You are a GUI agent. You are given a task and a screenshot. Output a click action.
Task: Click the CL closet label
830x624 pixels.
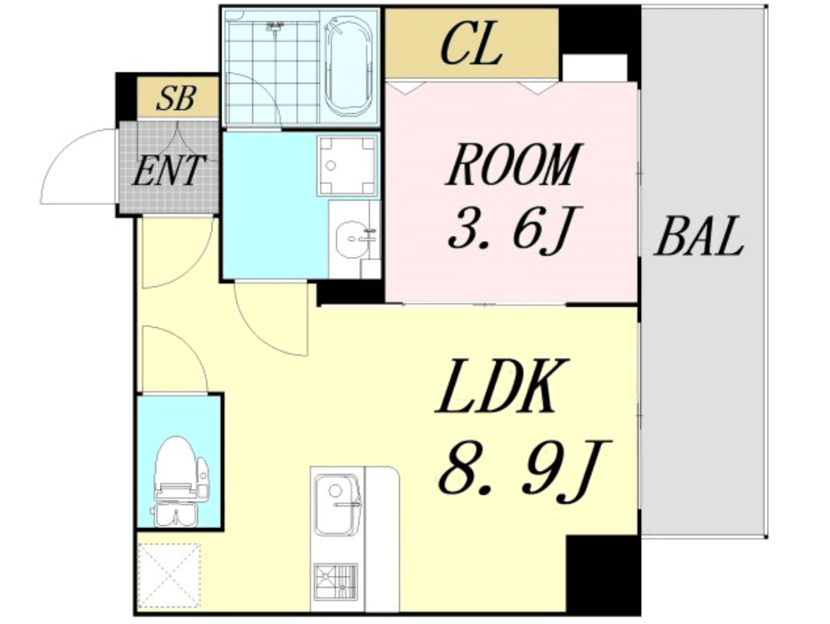(x=471, y=45)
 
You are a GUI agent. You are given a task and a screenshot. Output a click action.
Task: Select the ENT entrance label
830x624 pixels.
(x=168, y=170)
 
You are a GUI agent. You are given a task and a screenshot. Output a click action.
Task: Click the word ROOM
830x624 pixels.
(x=514, y=164)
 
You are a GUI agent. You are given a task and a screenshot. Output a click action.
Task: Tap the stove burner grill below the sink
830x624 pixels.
(x=335, y=582)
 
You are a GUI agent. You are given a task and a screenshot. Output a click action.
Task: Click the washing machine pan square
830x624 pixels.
(x=348, y=165)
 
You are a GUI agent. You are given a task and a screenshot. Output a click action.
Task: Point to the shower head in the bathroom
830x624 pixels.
(x=275, y=26)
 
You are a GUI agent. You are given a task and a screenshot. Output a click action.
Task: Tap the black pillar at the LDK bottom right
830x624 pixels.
(x=603, y=574)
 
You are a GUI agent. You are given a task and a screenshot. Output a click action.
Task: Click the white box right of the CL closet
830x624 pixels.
(x=594, y=67)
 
